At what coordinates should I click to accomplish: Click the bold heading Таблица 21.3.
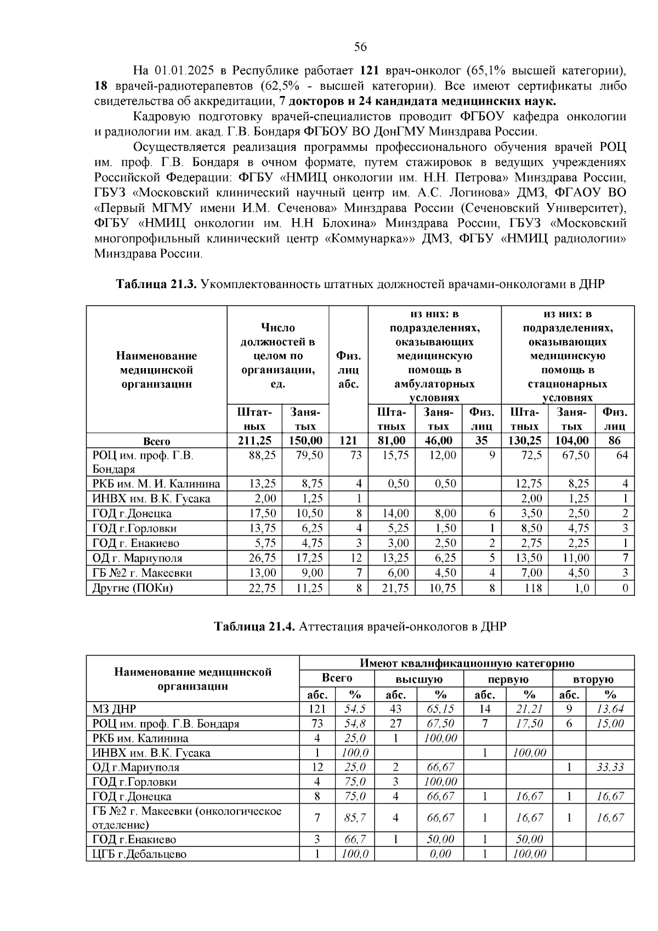pyautogui.click(x=156, y=284)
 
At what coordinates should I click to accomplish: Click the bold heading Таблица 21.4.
pyautogui.click(x=254, y=627)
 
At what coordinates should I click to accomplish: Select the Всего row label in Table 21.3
pyautogui.click(x=156, y=441)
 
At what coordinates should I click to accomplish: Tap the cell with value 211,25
pyautogui.click(x=254, y=441)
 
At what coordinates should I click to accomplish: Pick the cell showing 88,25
pyautogui.click(x=262, y=455)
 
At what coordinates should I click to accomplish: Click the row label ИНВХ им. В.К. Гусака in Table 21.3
pyautogui.click(x=151, y=499)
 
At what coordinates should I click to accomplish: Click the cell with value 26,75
pyautogui.click(x=262, y=558)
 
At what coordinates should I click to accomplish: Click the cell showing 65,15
pyautogui.click(x=441, y=709)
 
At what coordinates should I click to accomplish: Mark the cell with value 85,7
pyautogui.click(x=355, y=817)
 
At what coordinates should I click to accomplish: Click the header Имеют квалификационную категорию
pyautogui.click(x=467, y=663)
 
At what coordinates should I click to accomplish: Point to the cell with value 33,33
pyautogui.click(x=610, y=767)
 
